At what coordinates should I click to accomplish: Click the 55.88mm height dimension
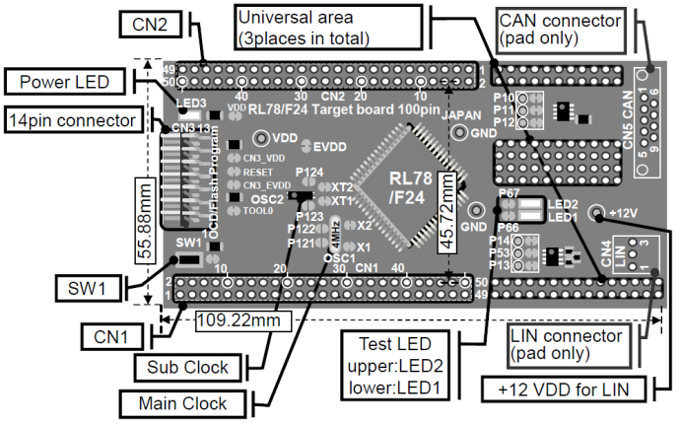click(x=145, y=216)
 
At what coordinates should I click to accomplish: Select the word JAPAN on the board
click(x=461, y=115)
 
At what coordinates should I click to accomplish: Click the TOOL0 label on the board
click(x=258, y=211)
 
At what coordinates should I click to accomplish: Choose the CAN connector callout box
click(x=560, y=30)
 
